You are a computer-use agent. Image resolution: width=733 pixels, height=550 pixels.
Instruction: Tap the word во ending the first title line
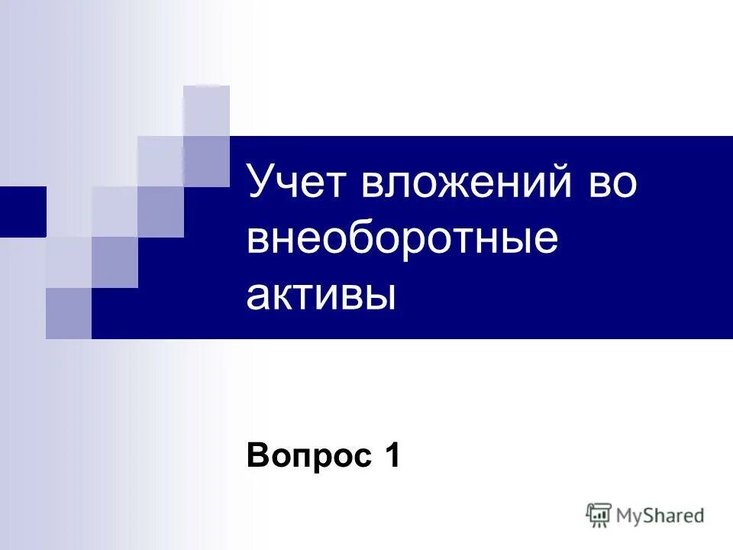tap(611, 186)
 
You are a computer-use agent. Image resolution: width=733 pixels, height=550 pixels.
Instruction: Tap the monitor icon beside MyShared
tap(599, 514)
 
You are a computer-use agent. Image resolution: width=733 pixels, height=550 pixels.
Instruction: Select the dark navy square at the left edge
tap(23, 212)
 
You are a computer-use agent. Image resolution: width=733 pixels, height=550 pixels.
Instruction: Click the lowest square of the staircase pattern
tap(69, 313)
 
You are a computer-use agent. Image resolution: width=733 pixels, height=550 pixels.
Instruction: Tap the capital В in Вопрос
tap(257, 457)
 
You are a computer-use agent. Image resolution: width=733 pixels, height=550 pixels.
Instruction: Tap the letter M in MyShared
tap(625, 516)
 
